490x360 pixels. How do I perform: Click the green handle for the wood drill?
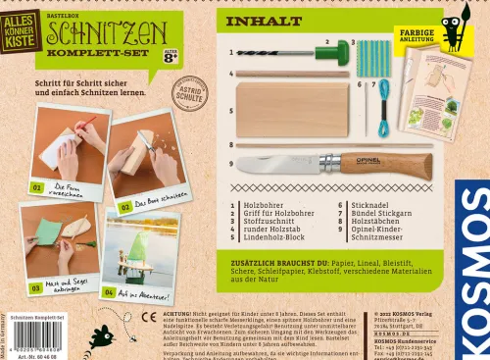(335, 50)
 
